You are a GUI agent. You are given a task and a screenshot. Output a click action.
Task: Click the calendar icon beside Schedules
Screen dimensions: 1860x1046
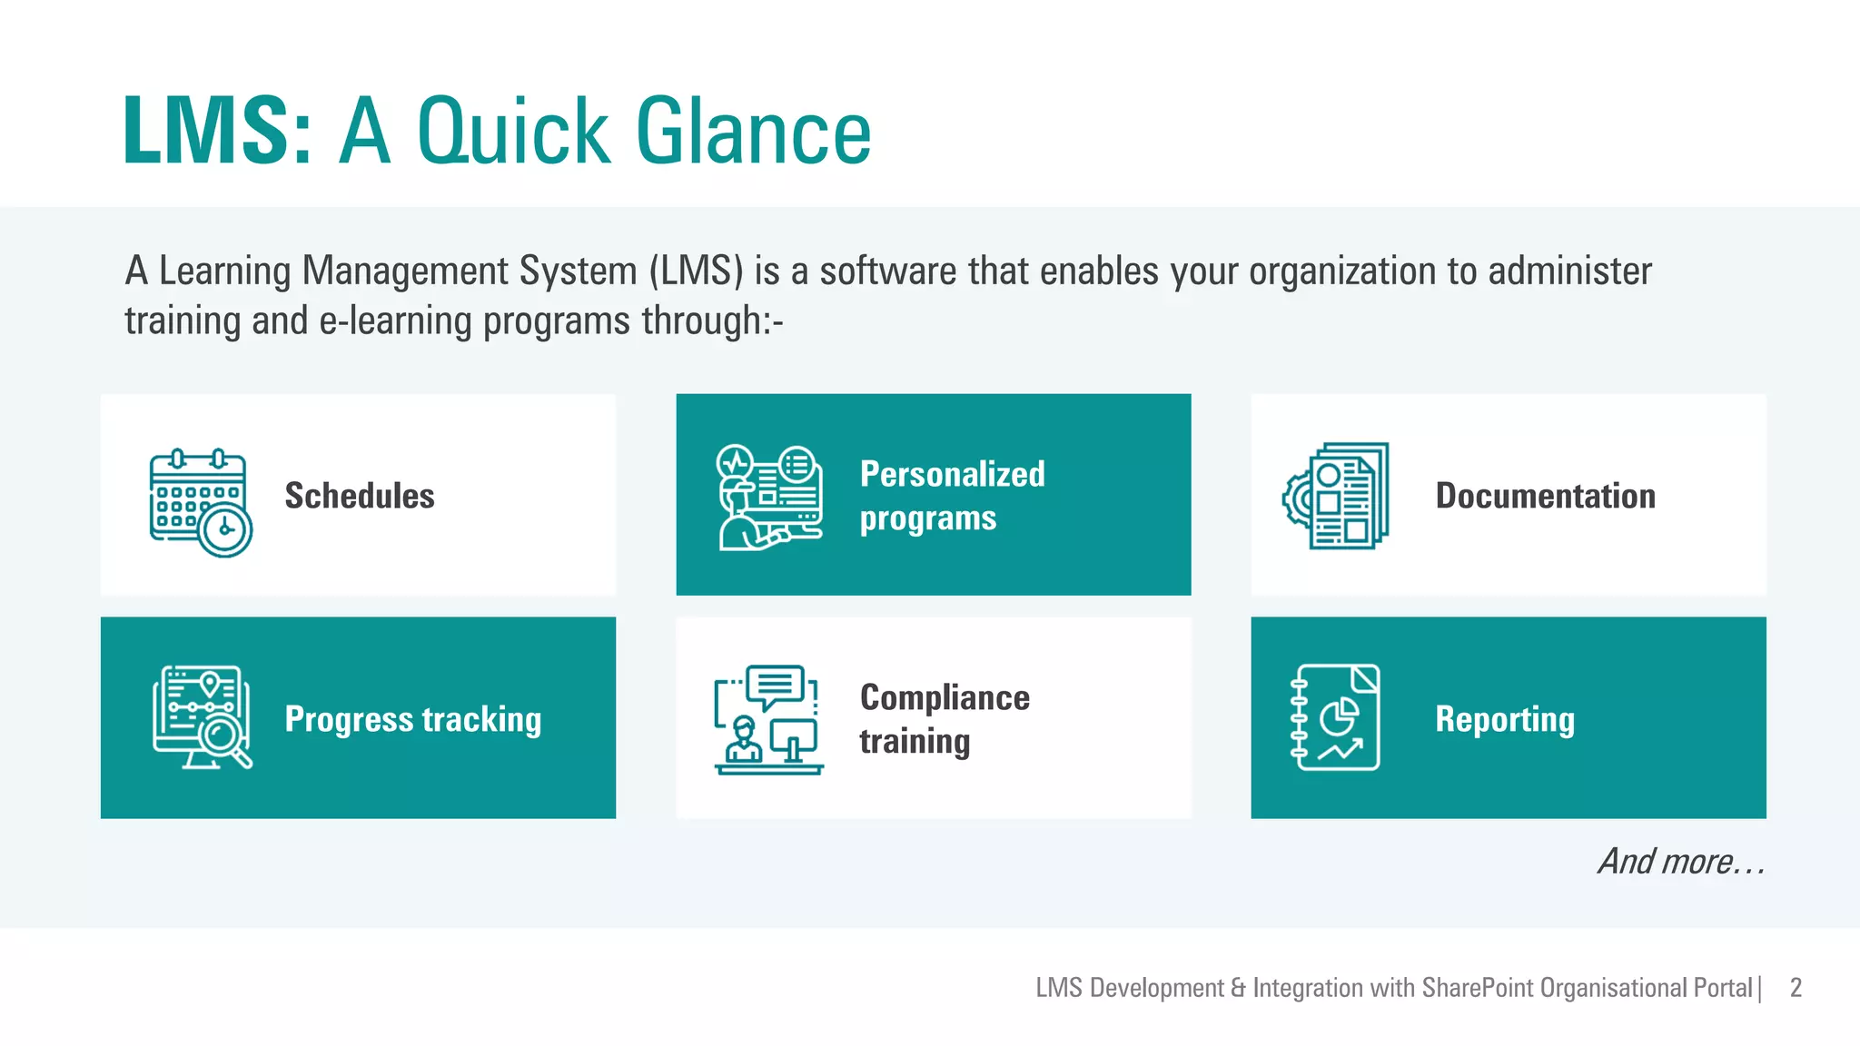(201, 502)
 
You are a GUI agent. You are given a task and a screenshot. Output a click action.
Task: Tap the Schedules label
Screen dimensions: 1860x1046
(360, 497)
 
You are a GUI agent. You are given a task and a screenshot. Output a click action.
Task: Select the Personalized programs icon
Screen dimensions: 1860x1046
(770, 497)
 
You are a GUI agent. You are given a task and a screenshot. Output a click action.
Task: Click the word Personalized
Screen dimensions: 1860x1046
(952, 474)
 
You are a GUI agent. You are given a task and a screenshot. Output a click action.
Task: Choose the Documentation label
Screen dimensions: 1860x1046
(1545, 497)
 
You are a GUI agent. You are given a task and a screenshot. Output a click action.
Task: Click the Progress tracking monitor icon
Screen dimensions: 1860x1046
(202, 717)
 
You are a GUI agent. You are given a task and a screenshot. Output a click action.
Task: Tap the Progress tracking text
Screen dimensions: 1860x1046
(413, 719)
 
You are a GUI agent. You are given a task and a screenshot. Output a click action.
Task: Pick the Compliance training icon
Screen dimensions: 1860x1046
(768, 719)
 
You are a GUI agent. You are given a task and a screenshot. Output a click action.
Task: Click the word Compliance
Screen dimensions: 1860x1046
(945, 697)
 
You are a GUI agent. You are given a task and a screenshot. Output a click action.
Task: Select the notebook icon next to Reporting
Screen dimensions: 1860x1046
(1335, 717)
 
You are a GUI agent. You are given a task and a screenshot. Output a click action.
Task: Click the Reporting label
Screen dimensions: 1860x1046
(1505, 719)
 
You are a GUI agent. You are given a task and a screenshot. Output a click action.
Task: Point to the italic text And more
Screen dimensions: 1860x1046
(1681, 861)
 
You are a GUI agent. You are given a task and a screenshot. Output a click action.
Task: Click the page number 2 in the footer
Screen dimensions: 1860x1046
(1796, 988)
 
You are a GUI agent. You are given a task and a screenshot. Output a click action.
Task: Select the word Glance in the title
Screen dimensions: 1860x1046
(754, 132)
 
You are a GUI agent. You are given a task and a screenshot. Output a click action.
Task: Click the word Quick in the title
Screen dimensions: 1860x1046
(513, 132)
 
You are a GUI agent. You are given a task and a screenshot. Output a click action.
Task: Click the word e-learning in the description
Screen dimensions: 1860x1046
(396, 321)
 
